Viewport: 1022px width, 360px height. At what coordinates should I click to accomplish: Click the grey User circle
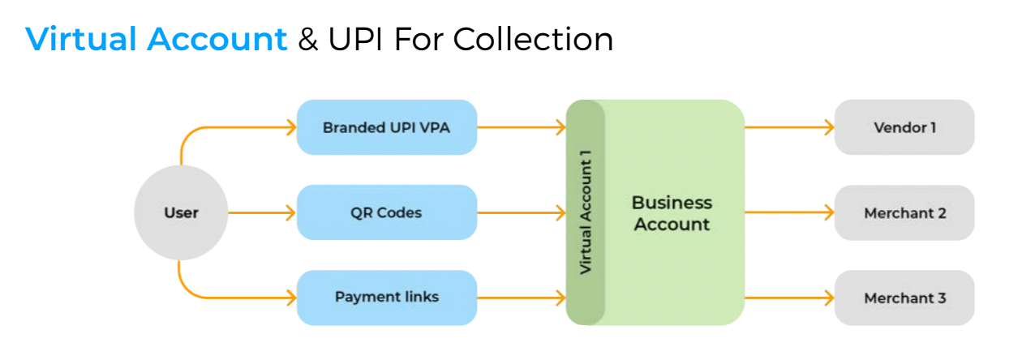point(181,212)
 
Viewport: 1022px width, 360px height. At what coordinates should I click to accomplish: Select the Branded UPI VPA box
point(387,127)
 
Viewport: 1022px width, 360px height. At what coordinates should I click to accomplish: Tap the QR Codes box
point(387,212)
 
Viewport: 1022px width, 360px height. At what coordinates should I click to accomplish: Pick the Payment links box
point(387,298)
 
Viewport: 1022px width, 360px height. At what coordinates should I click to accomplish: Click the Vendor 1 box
point(904,127)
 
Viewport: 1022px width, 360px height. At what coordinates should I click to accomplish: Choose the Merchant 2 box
point(904,212)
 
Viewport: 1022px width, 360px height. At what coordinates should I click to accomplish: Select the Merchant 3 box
point(904,298)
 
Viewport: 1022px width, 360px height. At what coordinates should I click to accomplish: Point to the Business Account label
point(672,213)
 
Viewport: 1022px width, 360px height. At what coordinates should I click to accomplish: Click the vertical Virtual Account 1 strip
point(586,212)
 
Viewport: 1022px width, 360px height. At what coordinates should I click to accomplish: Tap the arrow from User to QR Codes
point(262,212)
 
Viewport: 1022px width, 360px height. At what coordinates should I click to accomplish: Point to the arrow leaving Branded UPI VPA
point(522,127)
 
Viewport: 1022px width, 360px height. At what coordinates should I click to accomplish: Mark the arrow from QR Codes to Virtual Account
point(522,212)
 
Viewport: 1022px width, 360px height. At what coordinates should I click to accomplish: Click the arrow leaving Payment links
point(522,298)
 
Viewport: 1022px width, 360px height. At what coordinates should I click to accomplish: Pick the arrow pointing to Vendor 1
point(790,127)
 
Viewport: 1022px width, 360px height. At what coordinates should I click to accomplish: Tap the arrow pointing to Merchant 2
point(790,212)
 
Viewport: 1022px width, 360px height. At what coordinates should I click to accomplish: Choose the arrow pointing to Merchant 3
point(790,298)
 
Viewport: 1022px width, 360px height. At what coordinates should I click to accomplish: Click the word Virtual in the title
point(81,39)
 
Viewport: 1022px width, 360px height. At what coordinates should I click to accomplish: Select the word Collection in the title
point(533,39)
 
